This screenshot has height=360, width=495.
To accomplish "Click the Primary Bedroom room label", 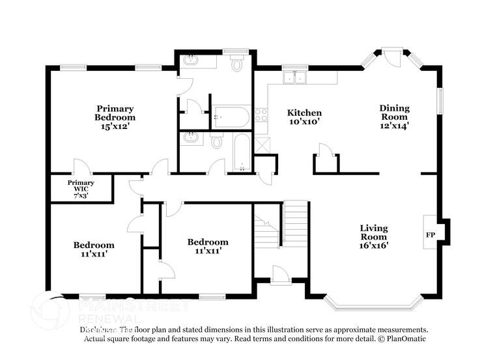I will click(x=115, y=113).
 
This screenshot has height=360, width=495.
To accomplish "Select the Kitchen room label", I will click(x=305, y=113).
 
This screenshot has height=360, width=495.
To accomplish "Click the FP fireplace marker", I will click(x=430, y=234).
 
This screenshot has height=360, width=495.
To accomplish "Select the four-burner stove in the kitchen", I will click(x=262, y=115).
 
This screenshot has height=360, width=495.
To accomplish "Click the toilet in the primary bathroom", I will click(x=236, y=64).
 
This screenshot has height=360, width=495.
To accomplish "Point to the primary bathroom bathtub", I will click(x=231, y=118).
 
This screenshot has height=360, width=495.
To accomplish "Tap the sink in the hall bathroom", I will click(x=191, y=137).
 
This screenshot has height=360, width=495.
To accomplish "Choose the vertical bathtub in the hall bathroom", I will click(x=241, y=153).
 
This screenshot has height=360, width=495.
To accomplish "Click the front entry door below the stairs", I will click(x=281, y=275).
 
